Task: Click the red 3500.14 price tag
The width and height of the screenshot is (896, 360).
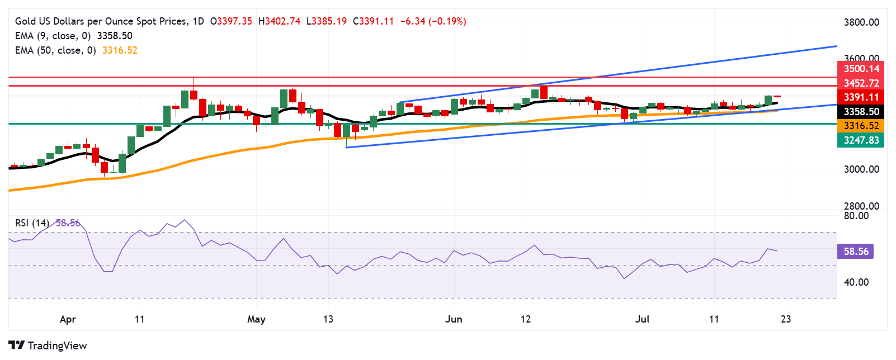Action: (861, 69)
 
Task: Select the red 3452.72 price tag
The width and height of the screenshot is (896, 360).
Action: (861, 83)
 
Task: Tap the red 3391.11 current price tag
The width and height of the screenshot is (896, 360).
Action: (861, 97)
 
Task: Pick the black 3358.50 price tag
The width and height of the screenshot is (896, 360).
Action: (861, 112)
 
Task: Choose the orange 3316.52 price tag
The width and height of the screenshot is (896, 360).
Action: (861, 126)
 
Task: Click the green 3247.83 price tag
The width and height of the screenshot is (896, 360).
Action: (861, 140)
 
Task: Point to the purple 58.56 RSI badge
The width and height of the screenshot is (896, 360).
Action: (856, 252)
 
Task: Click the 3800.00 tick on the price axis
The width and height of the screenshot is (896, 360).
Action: (861, 22)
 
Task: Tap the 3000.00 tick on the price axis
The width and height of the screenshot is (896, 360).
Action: (861, 169)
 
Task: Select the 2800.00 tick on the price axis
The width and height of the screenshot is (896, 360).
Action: (861, 206)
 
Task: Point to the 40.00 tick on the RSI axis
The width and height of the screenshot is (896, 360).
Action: (856, 282)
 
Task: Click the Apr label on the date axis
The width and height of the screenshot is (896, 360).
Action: (68, 319)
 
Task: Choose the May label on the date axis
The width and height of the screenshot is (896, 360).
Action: (256, 319)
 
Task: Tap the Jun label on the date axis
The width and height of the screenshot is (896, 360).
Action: (454, 319)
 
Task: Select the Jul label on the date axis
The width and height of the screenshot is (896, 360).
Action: (643, 319)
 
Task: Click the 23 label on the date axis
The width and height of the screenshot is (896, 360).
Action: (786, 319)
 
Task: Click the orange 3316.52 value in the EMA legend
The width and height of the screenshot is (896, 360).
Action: (120, 50)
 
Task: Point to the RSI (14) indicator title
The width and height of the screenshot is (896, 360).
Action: (32, 223)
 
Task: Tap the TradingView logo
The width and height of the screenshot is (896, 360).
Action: (48, 345)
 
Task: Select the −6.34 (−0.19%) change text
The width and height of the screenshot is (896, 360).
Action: (433, 21)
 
